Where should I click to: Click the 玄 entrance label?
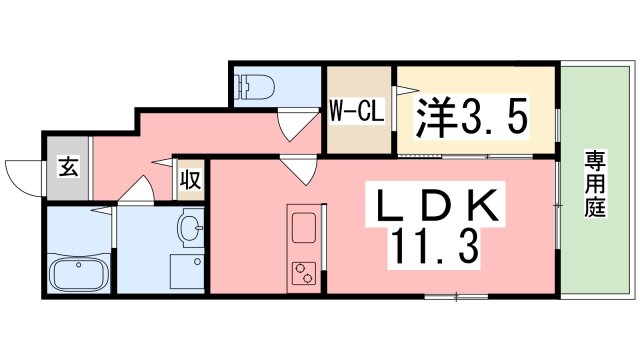tap(66, 168)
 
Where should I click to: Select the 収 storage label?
tap(189, 180)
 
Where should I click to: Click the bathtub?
tap(81, 273)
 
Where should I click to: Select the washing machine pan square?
tap(187, 272)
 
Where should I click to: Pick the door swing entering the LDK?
tap(297, 170)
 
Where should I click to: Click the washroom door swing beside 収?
tap(139, 188)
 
